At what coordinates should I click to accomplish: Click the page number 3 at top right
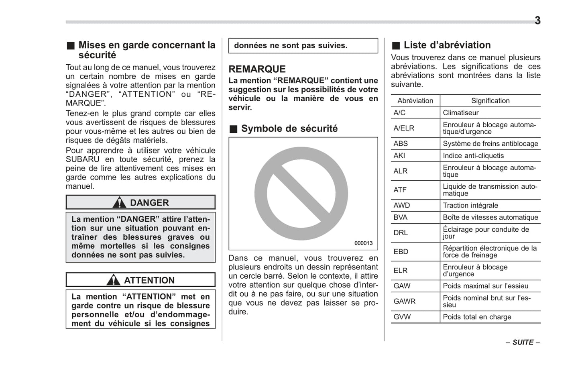coord(537,21)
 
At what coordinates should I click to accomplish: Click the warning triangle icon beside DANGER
coord(119,203)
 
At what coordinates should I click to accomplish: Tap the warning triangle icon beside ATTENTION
coord(113,280)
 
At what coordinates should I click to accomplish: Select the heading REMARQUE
coord(257,69)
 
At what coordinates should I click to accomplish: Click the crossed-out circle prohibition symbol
coord(301,194)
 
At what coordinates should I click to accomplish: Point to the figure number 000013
coord(363,243)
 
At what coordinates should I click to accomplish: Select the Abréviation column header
coord(415,101)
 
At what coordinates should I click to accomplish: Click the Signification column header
coord(490,101)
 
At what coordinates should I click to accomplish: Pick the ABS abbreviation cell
coord(401,144)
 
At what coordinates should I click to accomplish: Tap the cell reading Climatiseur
coord(460,113)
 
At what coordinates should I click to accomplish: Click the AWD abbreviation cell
coord(401,206)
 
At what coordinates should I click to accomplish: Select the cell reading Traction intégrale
coord(470,206)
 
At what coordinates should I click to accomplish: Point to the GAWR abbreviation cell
coord(404,301)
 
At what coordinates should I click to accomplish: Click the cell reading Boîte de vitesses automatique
coord(490,218)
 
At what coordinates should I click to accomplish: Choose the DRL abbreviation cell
coord(401,233)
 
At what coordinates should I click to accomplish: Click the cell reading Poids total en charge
coord(477,317)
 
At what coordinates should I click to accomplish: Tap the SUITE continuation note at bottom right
coord(523,343)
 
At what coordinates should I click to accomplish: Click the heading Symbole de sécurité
coord(289,129)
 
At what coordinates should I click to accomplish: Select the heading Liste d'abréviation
coord(447,45)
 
